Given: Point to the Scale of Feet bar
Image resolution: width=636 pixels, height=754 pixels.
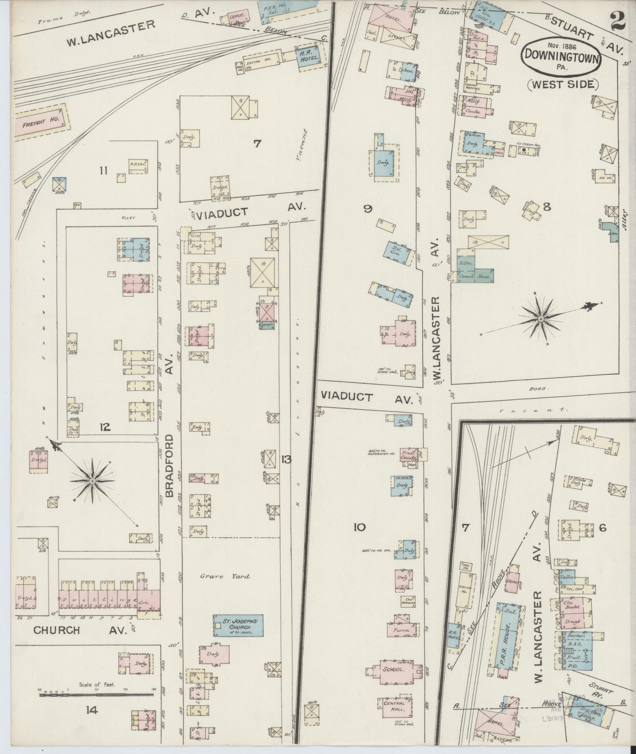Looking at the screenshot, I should coord(97,695).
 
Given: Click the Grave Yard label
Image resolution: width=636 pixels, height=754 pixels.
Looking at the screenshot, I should coord(225,577).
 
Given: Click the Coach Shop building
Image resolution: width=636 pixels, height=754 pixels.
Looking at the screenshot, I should coord(475,276).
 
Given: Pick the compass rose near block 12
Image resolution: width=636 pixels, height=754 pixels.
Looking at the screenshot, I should coord(92,481).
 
